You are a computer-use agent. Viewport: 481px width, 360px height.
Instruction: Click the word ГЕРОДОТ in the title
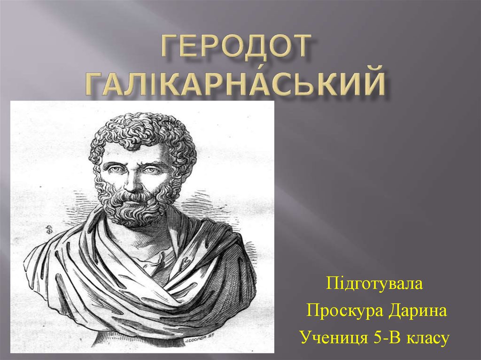(x=235, y=46)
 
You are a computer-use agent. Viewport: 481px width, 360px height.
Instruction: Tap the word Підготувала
(x=374, y=283)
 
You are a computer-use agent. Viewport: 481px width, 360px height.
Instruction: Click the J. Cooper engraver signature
(x=199, y=340)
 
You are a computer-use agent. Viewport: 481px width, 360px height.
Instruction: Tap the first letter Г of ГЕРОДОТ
(x=170, y=46)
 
